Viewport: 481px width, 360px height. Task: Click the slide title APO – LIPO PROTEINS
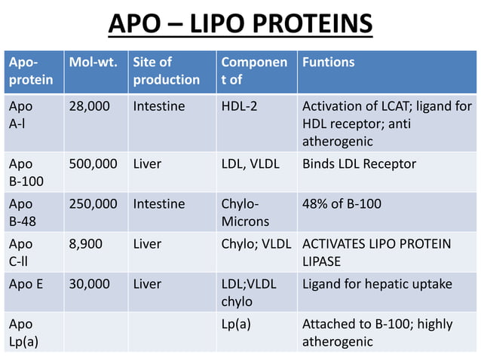[240, 24]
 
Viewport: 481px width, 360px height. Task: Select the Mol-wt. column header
[93, 63]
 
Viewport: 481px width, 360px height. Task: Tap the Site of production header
[167, 71]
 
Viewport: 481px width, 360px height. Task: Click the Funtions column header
[329, 63]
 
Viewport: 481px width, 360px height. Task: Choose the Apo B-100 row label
[26, 172]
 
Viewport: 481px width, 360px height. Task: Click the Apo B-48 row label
[23, 213]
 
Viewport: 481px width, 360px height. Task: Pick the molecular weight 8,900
[86, 244]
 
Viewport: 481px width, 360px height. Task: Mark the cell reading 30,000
[89, 284]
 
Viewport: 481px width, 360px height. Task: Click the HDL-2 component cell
[239, 107]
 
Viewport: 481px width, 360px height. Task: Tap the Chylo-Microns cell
[244, 213]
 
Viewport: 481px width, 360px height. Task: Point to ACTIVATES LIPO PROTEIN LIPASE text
[386, 252]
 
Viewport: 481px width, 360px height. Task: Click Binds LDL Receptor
[359, 164]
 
